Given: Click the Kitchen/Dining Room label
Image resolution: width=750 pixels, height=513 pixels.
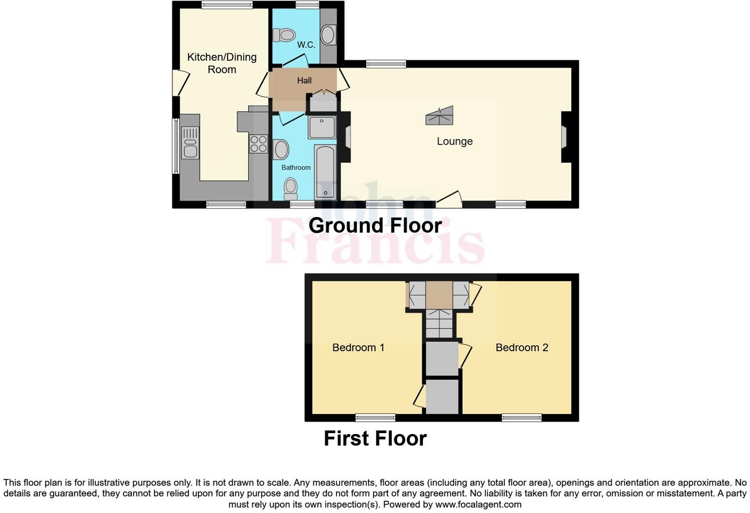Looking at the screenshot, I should point(222,63).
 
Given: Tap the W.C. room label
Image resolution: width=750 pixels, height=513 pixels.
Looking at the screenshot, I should point(306,45).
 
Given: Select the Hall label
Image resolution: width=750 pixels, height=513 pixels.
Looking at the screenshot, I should point(304,80).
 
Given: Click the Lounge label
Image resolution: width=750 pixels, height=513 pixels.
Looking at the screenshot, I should point(454,142).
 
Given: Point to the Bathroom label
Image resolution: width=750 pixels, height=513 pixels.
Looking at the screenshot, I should point(296,168).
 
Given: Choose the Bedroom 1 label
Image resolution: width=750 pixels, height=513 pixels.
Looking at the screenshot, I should point(358,348).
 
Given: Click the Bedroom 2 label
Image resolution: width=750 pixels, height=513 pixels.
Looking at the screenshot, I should point(522,348).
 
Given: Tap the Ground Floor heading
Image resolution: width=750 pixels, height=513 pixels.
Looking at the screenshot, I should point(375,225).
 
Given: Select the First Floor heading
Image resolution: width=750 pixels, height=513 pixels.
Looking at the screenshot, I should point(375,439).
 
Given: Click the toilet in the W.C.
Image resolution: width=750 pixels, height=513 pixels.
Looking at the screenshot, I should point(284,35).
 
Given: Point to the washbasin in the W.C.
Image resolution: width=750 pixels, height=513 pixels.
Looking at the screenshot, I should point(328,35).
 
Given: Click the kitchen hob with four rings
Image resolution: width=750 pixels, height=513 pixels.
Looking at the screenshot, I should point(258,144).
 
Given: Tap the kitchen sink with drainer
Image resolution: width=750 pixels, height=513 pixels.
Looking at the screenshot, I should point(190,143).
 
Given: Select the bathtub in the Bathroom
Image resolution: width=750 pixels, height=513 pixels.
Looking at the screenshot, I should point(325,172).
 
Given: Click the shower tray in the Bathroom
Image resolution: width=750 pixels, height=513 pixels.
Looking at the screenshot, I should point(322,127).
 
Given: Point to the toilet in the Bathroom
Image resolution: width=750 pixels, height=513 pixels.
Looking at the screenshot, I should point(291,189).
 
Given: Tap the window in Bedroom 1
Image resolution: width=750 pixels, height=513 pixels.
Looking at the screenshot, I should point(375,418).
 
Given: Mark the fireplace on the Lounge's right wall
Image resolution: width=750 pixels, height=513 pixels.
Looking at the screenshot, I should point(565,137).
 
